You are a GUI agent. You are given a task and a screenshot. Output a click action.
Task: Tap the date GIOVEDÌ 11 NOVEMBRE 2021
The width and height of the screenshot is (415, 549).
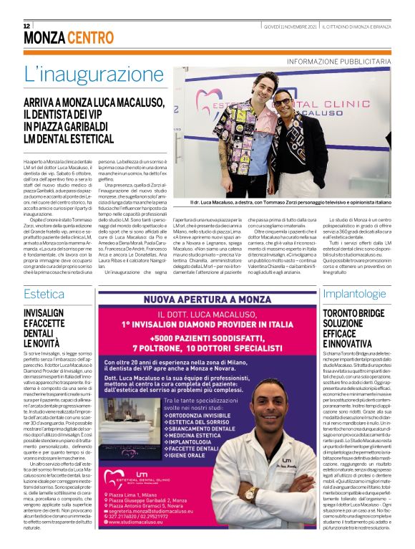[x=289, y=26]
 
